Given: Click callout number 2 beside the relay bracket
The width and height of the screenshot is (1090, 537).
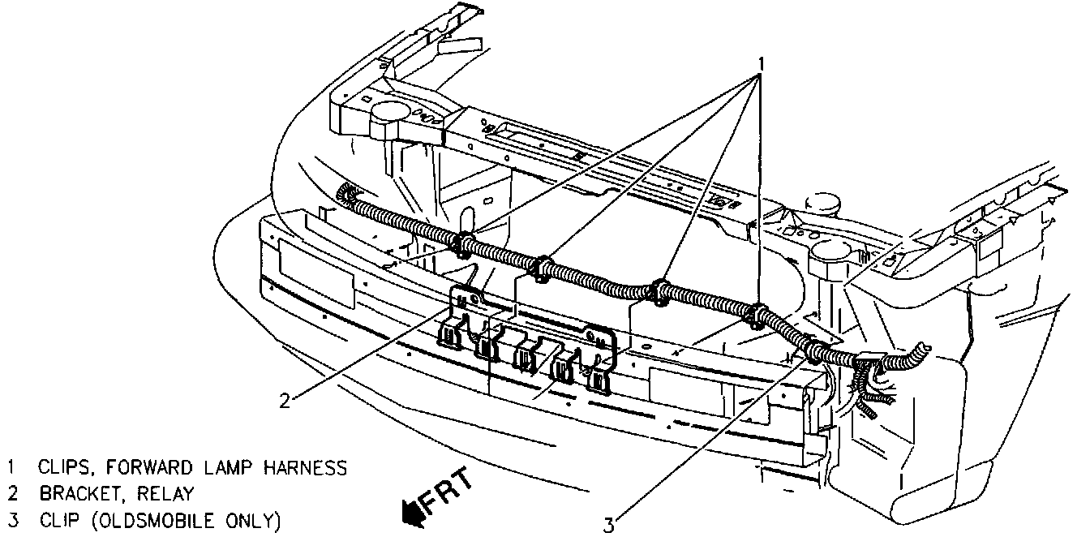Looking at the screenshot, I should (x=285, y=398).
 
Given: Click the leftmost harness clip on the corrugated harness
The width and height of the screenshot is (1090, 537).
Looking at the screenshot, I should (x=465, y=243).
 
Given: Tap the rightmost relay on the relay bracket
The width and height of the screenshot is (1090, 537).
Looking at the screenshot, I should (x=599, y=380).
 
